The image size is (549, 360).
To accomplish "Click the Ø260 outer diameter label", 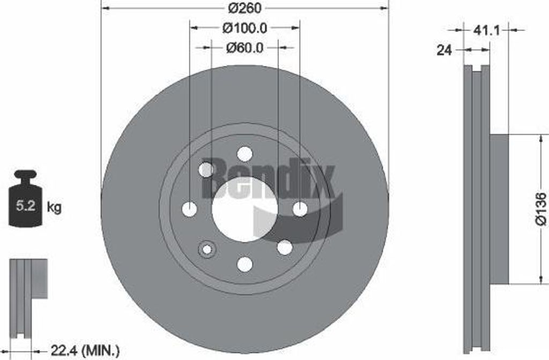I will coord(244,9).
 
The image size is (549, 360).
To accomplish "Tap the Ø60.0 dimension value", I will coord(244,48).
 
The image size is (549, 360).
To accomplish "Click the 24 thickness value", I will coord(444,50).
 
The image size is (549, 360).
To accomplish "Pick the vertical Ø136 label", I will coord(541,209).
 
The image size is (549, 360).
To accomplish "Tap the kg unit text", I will coord(54,207).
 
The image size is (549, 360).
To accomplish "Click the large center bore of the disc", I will coord(244,209).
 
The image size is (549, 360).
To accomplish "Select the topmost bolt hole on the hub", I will coord(244,154).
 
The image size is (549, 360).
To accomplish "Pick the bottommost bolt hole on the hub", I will coord(244,264).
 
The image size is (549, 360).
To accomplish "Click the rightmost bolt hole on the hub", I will coord(300,209).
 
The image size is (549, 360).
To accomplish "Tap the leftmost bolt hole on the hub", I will coord(189,209).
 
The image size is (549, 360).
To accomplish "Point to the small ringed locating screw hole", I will coord(206,249).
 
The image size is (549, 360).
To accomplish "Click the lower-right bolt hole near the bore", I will coord(284,247).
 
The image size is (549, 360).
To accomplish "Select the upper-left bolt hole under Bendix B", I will coord(206,170).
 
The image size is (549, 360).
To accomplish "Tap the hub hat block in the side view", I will coord(499,209).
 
